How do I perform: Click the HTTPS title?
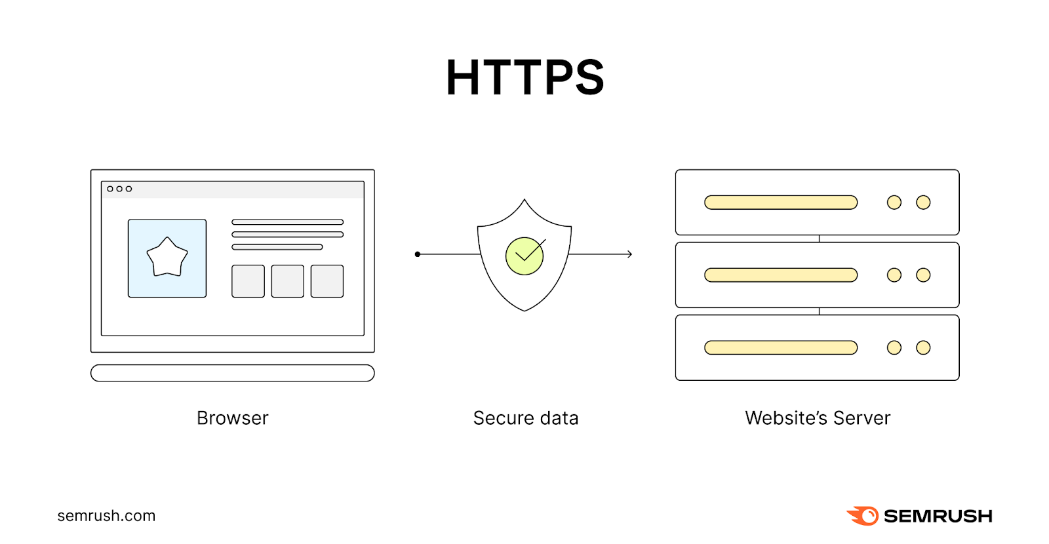point(524,77)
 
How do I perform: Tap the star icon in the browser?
point(167,258)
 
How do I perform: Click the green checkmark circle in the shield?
point(524,256)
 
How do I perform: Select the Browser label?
point(233,418)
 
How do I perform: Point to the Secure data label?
point(526,418)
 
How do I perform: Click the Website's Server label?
point(818,418)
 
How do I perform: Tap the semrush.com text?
point(106,516)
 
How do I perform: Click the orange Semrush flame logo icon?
point(863,516)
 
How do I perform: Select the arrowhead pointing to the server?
point(629,254)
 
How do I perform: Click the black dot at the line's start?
point(418,254)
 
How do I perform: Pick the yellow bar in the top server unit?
point(781,203)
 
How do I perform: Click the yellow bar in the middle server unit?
point(781,275)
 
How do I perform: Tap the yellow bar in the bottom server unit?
point(781,347)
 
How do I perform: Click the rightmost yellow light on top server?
point(923,203)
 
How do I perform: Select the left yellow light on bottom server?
point(894,347)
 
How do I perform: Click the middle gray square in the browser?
point(288,281)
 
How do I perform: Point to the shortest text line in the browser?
point(277,247)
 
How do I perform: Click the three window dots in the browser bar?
point(119,189)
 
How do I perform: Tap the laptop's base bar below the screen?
point(233,373)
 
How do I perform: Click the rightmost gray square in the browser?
point(327,281)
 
